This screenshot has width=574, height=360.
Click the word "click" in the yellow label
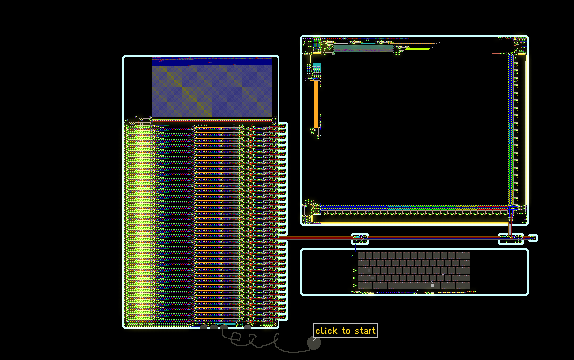[326, 331]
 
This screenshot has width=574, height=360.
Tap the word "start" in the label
[366, 331]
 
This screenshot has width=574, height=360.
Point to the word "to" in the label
[346, 331]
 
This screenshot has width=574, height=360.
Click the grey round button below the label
[313, 343]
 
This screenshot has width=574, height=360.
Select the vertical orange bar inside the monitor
[316, 104]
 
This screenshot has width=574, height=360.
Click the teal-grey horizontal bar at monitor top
[362, 49]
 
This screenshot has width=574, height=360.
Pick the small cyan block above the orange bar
[316, 67]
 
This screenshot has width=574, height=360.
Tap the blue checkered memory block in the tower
[212, 91]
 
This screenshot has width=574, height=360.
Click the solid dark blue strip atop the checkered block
[212, 62]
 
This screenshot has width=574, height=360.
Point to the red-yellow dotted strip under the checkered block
[212, 119]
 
